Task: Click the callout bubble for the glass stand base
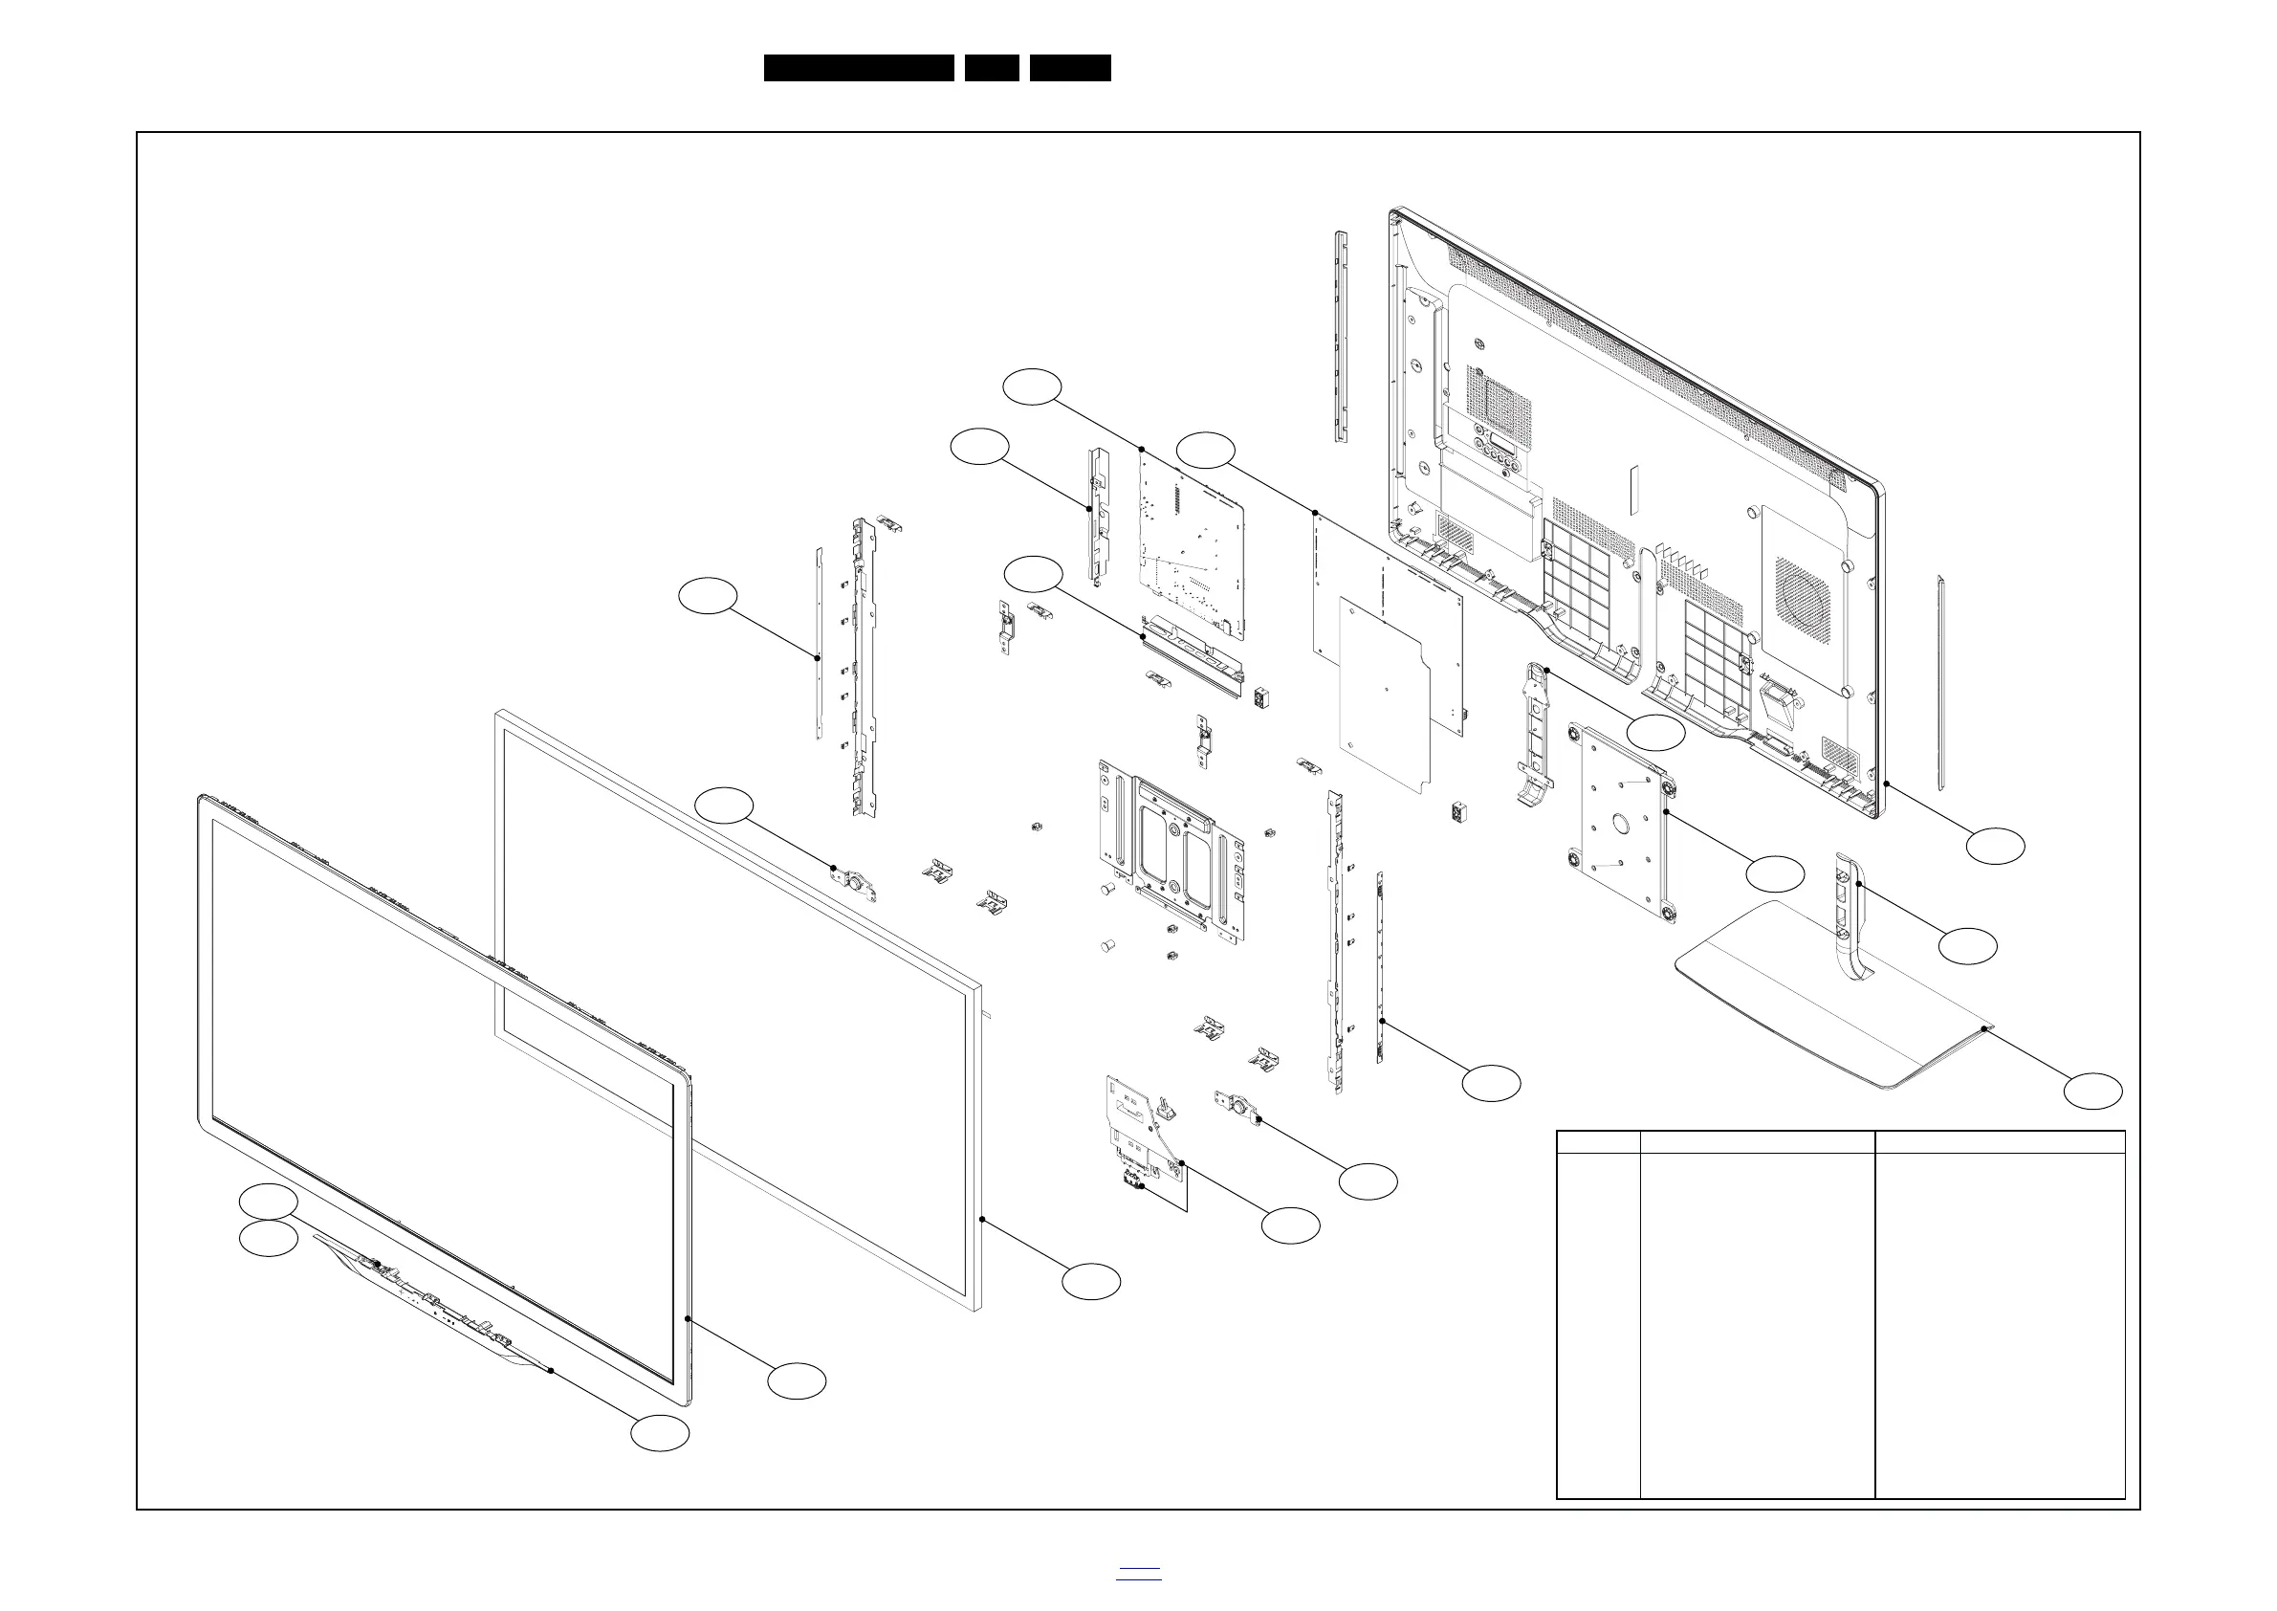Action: coord(2092,1092)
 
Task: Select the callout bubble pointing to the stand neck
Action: coord(1967,945)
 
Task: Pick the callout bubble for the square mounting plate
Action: coord(1774,874)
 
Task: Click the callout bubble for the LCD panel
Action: coord(1091,1281)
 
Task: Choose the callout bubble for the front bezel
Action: coord(797,1380)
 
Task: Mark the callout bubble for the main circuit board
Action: coord(1032,386)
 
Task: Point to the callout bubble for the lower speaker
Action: coord(1368,1181)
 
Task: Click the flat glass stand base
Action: coord(1834,1002)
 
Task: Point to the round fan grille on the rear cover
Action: coord(1803,593)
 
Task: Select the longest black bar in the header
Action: coord(859,68)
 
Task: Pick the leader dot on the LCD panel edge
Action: coord(981,1218)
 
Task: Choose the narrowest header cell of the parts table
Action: coord(1599,1142)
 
